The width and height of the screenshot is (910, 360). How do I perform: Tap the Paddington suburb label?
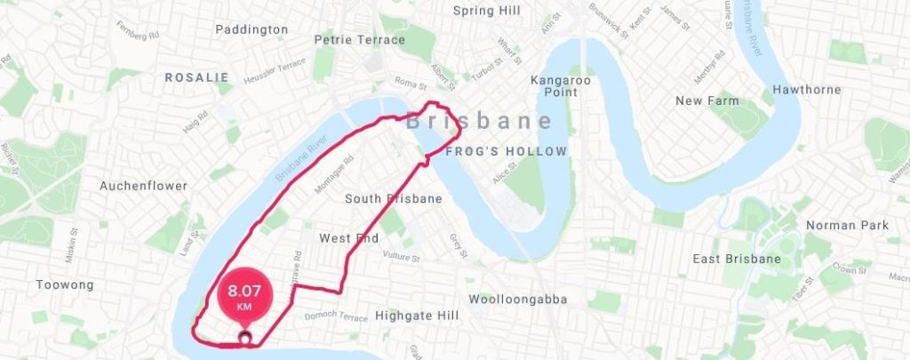coord(252,29)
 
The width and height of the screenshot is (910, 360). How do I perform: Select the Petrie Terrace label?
coord(360,40)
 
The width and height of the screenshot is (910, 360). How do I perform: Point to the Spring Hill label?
coord(485,11)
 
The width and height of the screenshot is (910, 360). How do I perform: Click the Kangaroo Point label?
coord(560,87)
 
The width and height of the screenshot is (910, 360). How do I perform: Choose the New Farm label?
coord(707,100)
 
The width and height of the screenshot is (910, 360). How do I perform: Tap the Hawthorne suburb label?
coord(806,90)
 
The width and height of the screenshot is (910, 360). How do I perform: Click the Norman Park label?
coord(847,225)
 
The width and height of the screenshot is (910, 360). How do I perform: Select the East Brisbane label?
coord(737,259)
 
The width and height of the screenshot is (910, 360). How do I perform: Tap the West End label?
coord(349,238)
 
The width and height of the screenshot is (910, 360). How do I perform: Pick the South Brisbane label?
coord(394,199)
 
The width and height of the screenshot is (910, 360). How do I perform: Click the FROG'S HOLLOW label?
coord(506,152)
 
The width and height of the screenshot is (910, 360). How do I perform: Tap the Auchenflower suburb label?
coord(143,186)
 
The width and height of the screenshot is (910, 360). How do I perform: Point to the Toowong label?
coord(65,285)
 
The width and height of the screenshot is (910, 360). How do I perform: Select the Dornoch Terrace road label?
coord(335,316)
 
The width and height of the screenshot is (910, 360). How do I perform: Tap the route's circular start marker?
coord(244,338)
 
